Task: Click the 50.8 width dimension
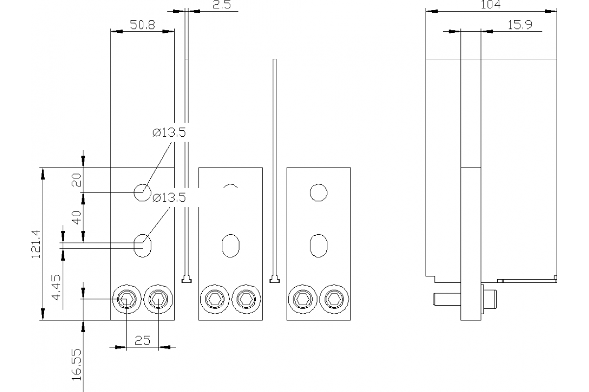pyautogui.click(x=142, y=25)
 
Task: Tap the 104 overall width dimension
pyautogui.click(x=490, y=5)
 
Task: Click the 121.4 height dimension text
pyautogui.click(x=36, y=244)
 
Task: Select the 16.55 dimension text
pyautogui.click(x=77, y=365)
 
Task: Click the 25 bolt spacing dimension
pyautogui.click(x=142, y=341)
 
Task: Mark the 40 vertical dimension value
pyautogui.click(x=77, y=217)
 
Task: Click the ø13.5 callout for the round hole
pyautogui.click(x=169, y=133)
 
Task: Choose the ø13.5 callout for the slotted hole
pyautogui.click(x=169, y=197)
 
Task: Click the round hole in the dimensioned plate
pyautogui.click(x=142, y=193)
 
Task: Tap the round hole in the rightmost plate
pyautogui.click(x=319, y=192)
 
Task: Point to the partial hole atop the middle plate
pyautogui.click(x=230, y=186)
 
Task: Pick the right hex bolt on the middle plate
pyautogui.click(x=245, y=298)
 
